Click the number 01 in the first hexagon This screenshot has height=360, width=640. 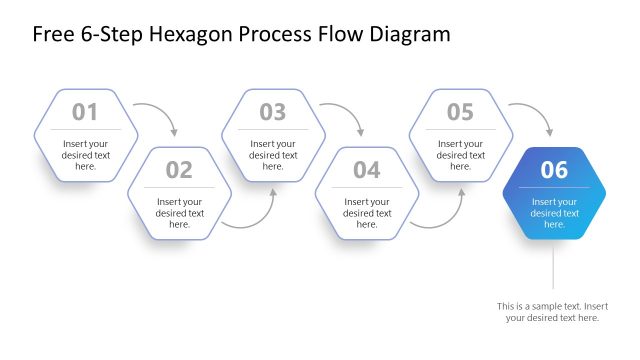click(x=85, y=112)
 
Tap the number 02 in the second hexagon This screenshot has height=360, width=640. click(x=179, y=170)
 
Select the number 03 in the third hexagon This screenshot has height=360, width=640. click(x=273, y=112)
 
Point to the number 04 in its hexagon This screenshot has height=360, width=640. click(x=367, y=170)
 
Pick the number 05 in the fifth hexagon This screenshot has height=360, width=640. click(x=460, y=112)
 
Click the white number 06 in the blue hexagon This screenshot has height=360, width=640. click(x=554, y=170)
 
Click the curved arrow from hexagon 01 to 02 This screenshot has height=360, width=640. click(x=160, y=112)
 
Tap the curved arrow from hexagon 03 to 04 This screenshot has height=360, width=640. click(x=347, y=112)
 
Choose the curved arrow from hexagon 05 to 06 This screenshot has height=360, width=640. click(x=535, y=112)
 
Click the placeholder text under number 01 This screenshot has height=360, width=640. click(x=85, y=155)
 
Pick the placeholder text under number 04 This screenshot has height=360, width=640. click(x=367, y=213)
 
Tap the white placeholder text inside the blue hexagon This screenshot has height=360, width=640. click(x=554, y=213)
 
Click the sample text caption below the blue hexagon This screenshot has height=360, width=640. click(x=552, y=311)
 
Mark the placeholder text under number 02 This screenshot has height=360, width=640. click(x=179, y=213)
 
